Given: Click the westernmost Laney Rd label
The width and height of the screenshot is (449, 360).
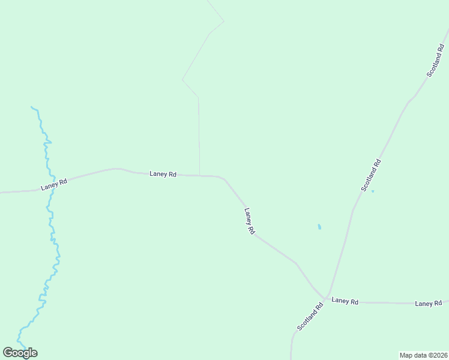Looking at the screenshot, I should (x=53, y=184).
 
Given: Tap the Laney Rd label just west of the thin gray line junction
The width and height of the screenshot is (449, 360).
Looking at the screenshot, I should (x=163, y=174).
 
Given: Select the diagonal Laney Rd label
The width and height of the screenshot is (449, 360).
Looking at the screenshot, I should (x=250, y=221).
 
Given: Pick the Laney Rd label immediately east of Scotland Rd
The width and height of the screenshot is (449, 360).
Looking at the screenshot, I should (x=345, y=301).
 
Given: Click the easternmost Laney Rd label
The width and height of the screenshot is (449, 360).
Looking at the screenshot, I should (x=428, y=304).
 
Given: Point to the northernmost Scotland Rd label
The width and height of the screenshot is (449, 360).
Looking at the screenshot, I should (x=435, y=60).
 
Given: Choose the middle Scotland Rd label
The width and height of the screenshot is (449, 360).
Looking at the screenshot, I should (x=371, y=175).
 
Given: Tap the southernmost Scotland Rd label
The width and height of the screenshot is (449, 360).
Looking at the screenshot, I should (x=310, y=316).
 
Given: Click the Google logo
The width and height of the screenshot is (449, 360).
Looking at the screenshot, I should (x=20, y=353).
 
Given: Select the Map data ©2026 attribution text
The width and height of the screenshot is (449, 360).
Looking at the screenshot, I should (x=423, y=355).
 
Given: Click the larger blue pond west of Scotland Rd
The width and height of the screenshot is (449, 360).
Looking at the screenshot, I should (x=319, y=227).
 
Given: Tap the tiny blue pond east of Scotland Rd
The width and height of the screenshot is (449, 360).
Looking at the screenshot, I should (x=373, y=191).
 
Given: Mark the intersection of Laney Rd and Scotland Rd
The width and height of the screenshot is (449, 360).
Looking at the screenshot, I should (x=325, y=298).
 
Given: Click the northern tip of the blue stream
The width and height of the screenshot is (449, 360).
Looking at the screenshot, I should (x=32, y=107).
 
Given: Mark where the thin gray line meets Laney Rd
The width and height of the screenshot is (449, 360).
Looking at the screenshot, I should (x=199, y=175).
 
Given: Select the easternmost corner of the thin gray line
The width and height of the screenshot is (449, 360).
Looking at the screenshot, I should (x=224, y=22).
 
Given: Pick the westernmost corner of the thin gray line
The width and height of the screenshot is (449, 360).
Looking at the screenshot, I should (x=182, y=79).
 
